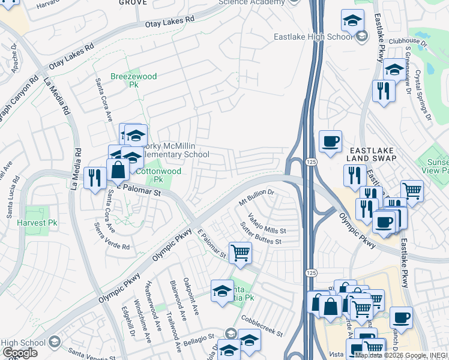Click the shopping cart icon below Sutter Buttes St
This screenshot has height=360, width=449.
coord(240,252)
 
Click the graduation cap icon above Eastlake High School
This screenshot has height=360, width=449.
coord(353,20)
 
